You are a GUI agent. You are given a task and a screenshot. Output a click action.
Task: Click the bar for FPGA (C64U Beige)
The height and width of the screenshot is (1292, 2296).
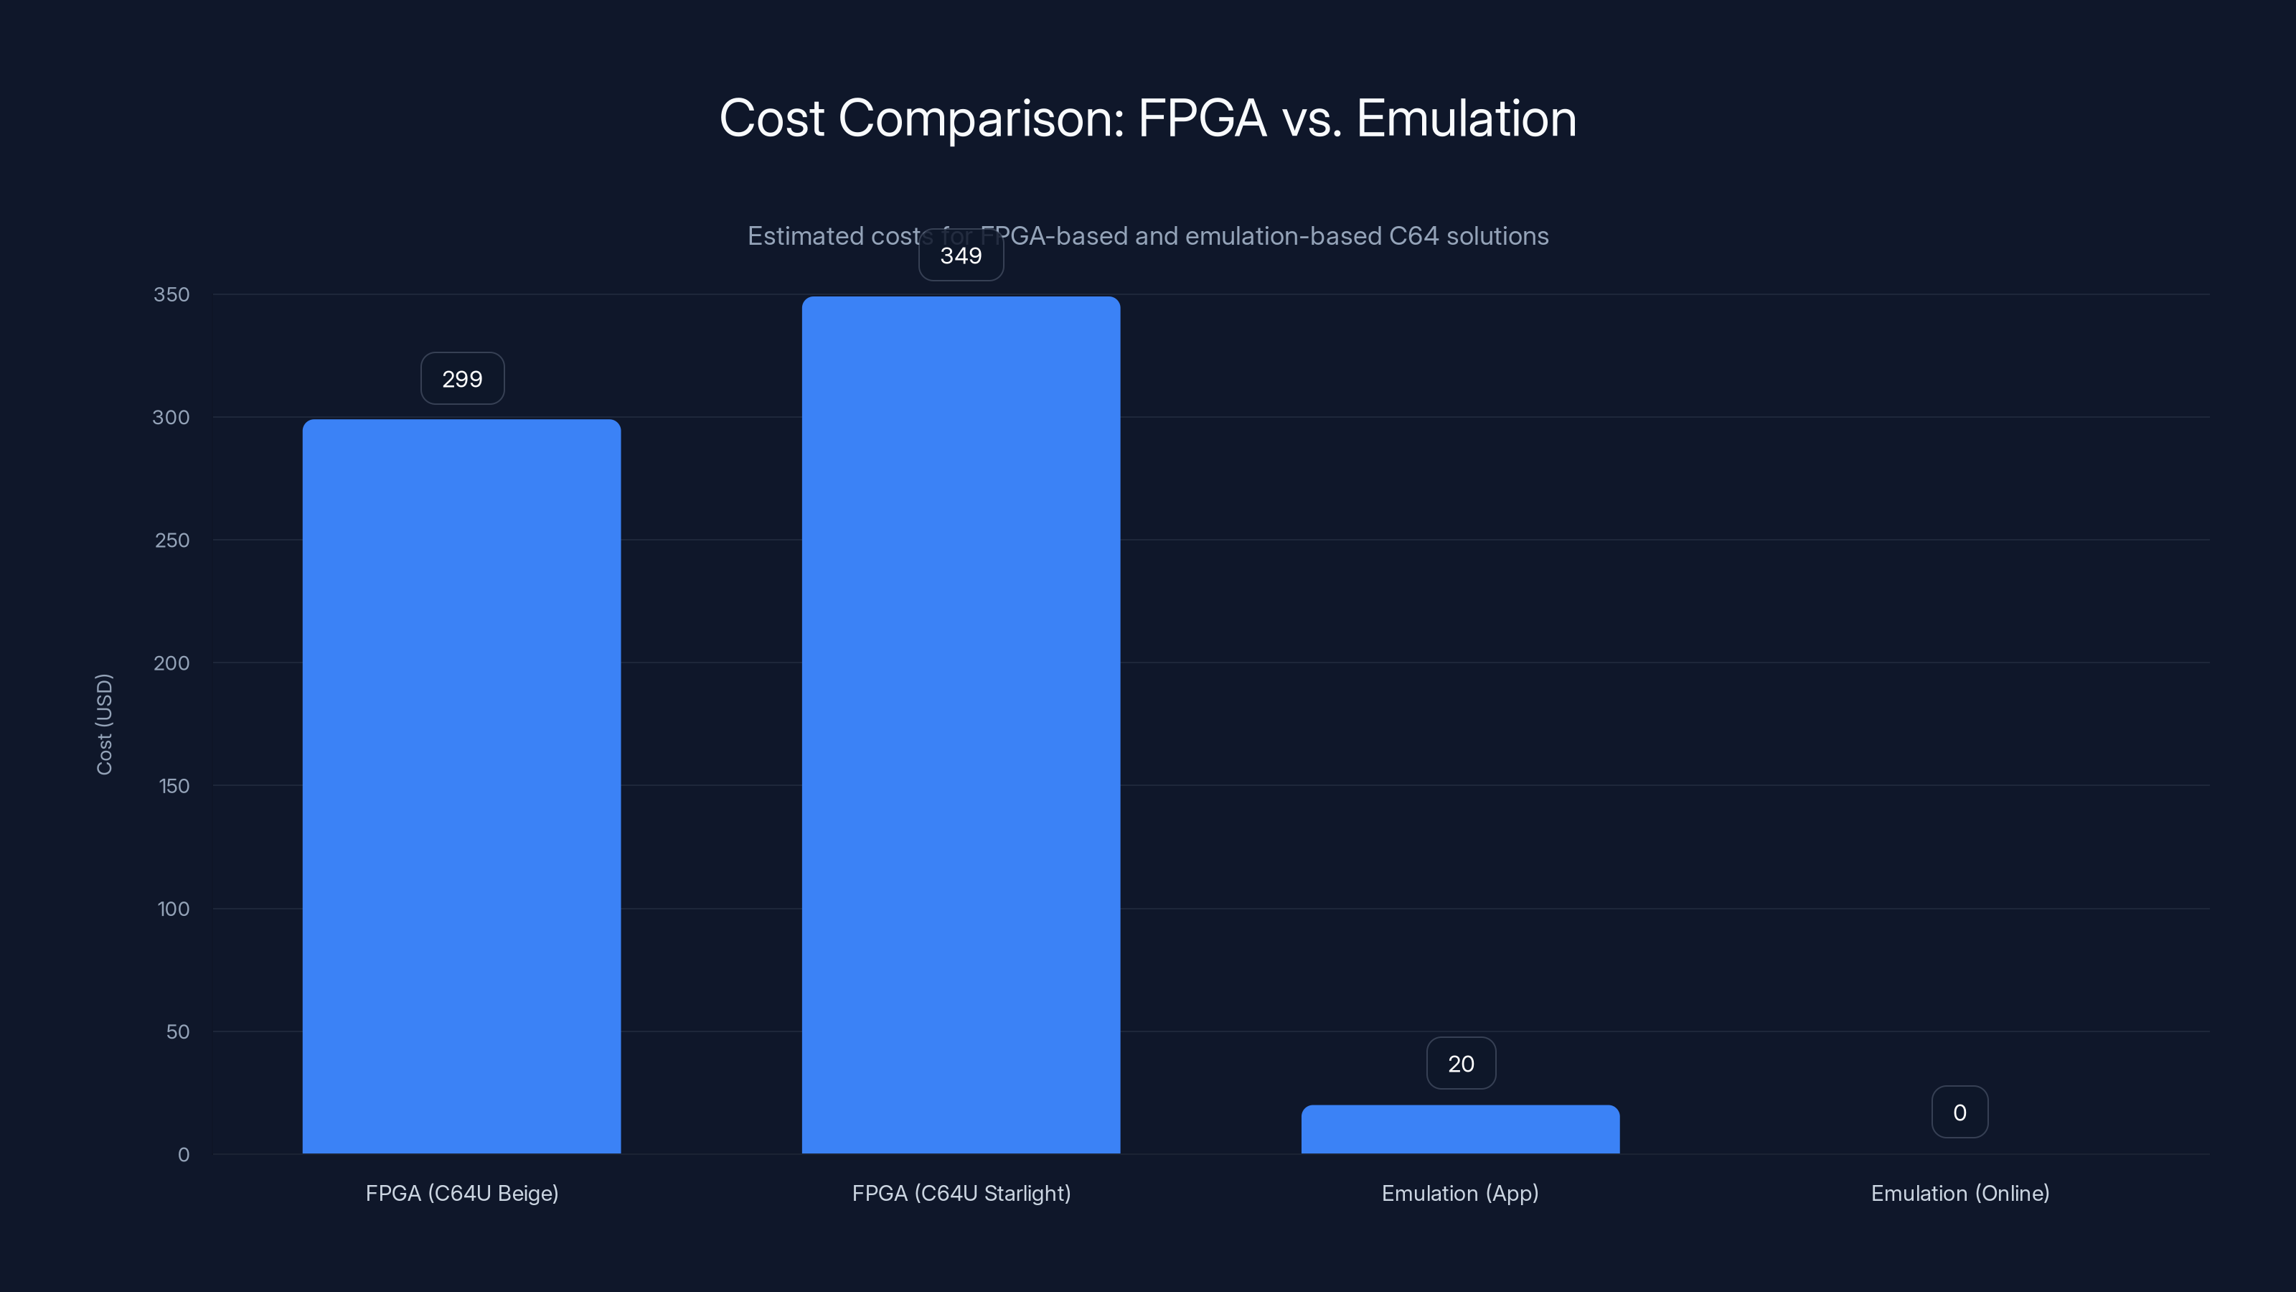click(461, 785)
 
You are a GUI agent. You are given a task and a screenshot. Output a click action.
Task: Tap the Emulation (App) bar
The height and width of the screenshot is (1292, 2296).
click(1460, 1129)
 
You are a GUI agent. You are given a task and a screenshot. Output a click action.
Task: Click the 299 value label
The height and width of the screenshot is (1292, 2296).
click(461, 379)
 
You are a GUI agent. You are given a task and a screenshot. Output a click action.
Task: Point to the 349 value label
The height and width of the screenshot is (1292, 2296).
click(961, 256)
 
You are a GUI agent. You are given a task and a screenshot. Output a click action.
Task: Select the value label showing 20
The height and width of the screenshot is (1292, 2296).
click(1461, 1064)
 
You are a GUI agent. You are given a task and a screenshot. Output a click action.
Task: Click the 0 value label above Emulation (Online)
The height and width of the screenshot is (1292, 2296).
click(1959, 1113)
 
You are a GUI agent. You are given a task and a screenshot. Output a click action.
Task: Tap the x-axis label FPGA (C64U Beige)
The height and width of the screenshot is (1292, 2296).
click(461, 1193)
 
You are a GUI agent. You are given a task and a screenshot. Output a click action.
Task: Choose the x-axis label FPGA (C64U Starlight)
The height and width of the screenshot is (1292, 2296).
click(961, 1193)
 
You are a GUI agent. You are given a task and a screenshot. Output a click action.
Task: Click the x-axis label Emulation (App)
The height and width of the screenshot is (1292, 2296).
click(1460, 1193)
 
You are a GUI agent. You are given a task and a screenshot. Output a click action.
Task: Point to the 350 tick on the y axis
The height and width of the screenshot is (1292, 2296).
click(171, 294)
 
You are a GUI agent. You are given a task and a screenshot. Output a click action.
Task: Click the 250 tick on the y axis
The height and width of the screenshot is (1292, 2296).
click(171, 540)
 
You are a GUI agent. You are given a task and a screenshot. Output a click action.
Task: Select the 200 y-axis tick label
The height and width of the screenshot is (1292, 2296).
click(171, 663)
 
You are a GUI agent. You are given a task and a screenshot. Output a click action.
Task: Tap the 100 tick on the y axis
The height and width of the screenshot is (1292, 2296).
click(173, 909)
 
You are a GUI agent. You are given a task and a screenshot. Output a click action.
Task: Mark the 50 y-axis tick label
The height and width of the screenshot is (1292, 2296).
click(177, 1031)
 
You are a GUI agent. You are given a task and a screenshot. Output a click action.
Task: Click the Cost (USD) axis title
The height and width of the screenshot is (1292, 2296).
click(104, 724)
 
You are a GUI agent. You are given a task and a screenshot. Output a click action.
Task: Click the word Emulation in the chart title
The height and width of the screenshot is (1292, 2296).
click(1465, 118)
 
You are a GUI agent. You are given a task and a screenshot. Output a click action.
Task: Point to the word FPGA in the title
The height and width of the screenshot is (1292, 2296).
click(1202, 118)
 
